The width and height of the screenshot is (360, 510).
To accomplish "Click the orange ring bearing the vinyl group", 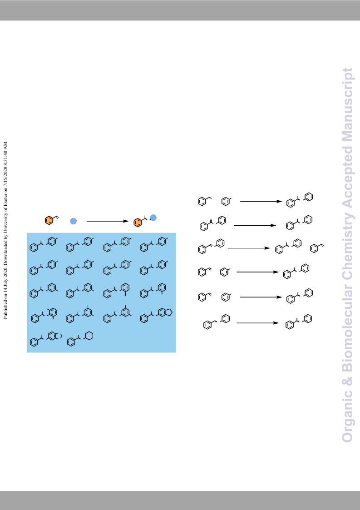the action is pyautogui.click(x=49, y=220).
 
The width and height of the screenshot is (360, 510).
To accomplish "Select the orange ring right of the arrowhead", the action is pyautogui.click(x=138, y=223).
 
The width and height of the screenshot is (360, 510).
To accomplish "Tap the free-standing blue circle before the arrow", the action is pyautogui.click(x=74, y=221).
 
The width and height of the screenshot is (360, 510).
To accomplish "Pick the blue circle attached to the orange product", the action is pyautogui.click(x=153, y=218).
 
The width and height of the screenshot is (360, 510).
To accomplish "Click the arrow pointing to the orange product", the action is pyautogui.click(x=108, y=221).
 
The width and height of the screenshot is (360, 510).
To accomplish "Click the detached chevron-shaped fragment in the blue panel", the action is pyautogui.click(x=61, y=336).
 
